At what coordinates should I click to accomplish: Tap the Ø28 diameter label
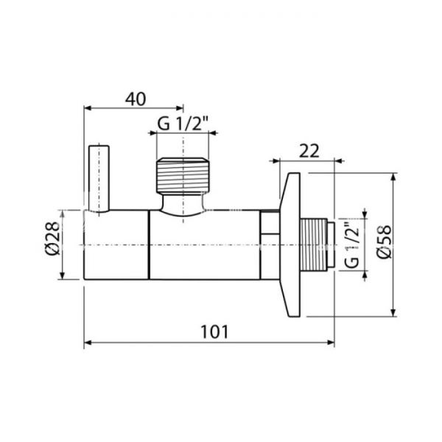click(51, 245)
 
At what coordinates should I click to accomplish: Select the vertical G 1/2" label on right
click(351, 245)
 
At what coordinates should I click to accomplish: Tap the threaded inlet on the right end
click(318, 245)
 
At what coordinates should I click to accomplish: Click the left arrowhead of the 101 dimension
click(88, 343)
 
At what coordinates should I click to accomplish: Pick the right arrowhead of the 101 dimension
click(331, 343)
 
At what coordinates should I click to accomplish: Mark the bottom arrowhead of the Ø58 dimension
click(395, 312)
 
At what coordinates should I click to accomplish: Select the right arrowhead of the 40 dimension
click(180, 108)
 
